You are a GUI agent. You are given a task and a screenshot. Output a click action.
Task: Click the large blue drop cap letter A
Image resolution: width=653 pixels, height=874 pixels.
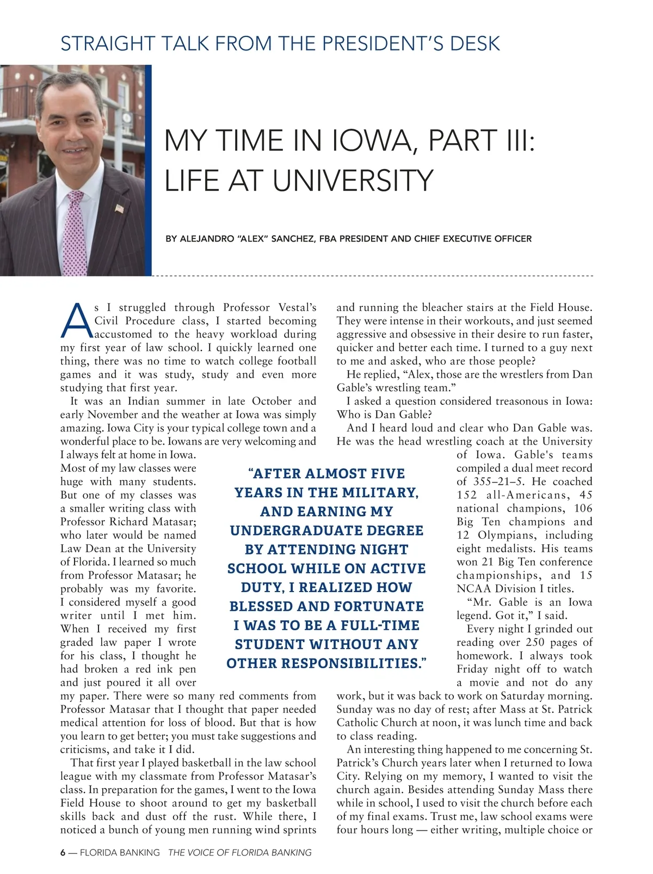[76, 321]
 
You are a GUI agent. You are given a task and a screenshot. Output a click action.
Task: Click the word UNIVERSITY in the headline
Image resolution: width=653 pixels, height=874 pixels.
[353, 181]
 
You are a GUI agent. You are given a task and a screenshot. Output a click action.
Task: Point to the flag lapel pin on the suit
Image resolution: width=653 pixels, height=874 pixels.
[119, 208]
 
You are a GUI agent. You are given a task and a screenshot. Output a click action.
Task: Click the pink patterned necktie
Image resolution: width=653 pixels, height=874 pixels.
[74, 234]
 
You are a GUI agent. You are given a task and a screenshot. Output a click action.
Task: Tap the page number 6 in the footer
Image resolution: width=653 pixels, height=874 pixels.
[63, 853]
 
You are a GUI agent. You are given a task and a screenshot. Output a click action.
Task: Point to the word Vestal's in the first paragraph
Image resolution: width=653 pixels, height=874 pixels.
[297, 307]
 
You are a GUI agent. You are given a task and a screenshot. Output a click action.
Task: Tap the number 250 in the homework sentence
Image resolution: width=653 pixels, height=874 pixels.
[535, 642]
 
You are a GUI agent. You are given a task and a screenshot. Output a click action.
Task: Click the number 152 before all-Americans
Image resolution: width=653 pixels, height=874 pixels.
[467, 495]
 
